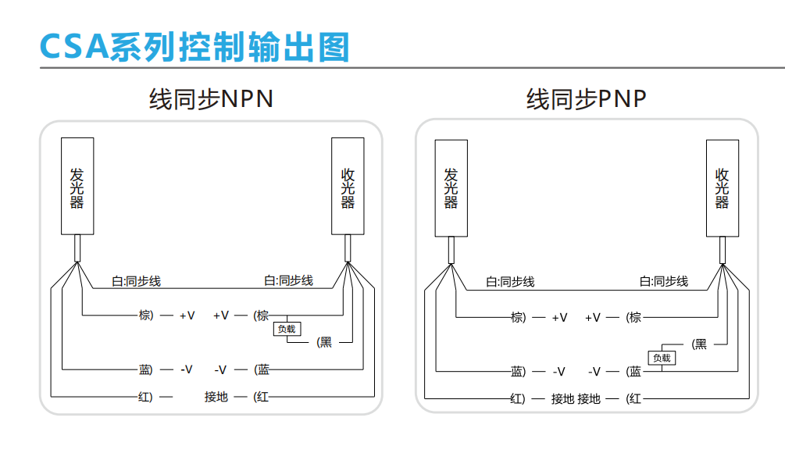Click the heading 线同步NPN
click(211, 100)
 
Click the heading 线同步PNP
click(586, 100)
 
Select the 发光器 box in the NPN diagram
click(77, 187)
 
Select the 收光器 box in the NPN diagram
click(348, 187)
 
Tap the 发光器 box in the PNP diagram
click(451, 187)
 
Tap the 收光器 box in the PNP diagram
click(723, 187)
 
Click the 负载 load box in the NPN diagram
click(287, 329)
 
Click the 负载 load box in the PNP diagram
click(662, 358)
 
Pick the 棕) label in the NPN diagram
click(146, 316)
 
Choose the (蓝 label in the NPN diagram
click(262, 369)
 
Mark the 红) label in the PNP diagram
click(518, 398)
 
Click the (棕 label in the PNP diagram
click(633, 317)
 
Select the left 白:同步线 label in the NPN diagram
click(137, 281)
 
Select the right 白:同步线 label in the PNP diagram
click(664, 281)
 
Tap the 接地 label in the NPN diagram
click(216, 397)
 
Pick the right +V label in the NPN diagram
click(221, 316)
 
